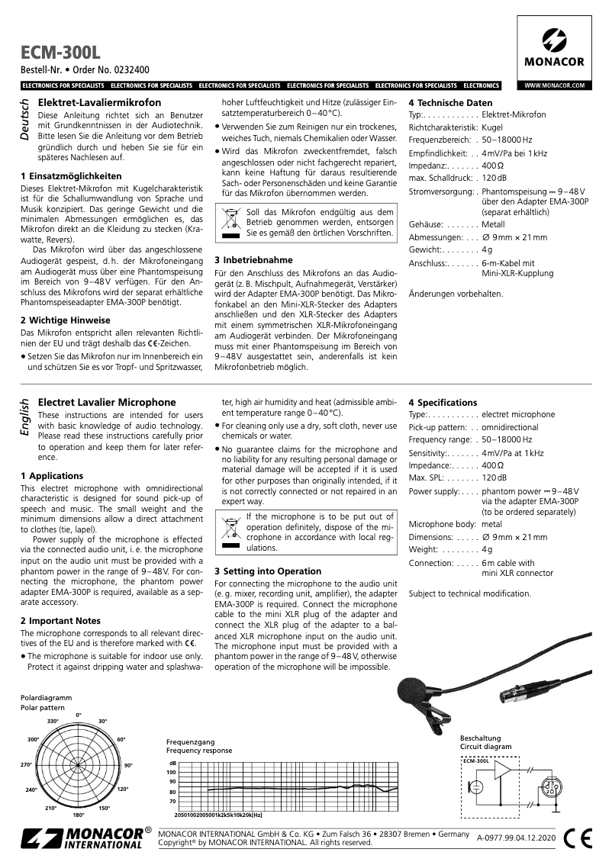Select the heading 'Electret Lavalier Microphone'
click(x=107, y=402)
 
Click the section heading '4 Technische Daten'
click(x=450, y=103)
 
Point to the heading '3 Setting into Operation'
click(x=268, y=571)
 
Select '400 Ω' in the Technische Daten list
click(x=493, y=166)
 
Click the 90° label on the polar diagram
click(x=128, y=765)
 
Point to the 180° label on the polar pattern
click(x=78, y=815)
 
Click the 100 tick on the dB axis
click(x=171, y=772)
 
